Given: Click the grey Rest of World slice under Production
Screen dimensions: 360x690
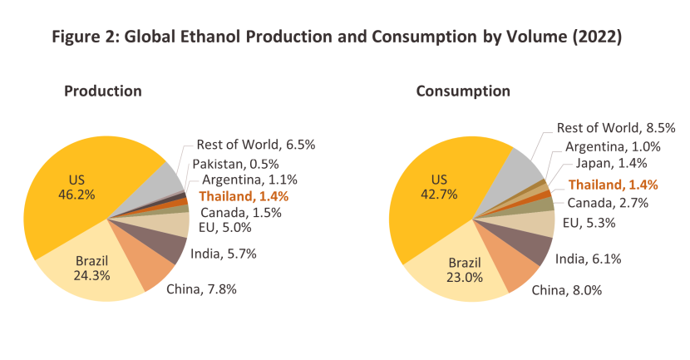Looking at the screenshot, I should pyautogui.click(x=166, y=178).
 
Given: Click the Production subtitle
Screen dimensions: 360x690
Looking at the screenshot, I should pyautogui.click(x=103, y=91).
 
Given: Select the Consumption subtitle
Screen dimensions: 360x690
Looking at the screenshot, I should pyautogui.click(x=463, y=91).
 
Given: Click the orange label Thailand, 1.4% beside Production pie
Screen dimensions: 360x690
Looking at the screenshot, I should pyautogui.click(x=244, y=196).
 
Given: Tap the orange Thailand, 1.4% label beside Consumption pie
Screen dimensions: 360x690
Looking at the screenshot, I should pyautogui.click(x=614, y=185).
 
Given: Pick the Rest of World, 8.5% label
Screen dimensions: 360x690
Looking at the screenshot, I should pyautogui.click(x=616, y=128).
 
